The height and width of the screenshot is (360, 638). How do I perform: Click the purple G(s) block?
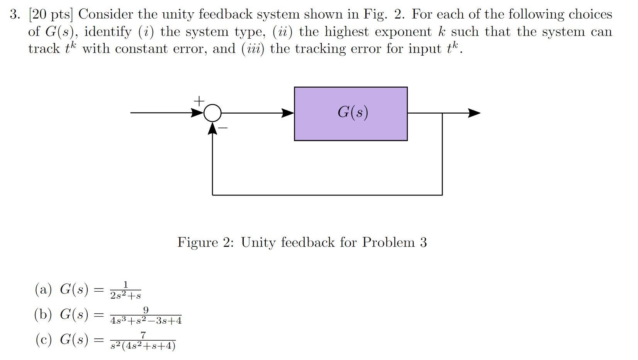point(351,114)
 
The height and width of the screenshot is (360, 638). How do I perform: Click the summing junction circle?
point(212,113)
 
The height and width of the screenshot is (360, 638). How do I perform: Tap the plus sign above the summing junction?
point(199,101)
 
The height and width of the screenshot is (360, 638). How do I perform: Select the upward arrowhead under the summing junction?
point(212,128)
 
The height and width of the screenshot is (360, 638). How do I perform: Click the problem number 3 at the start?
point(14,15)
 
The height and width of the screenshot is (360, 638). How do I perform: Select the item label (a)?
point(43,289)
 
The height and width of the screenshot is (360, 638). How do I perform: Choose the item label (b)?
point(43,314)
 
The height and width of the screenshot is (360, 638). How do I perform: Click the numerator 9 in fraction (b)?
point(146,310)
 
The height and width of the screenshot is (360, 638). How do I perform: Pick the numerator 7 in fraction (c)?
point(143,335)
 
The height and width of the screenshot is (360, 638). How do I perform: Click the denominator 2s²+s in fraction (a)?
point(126,296)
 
